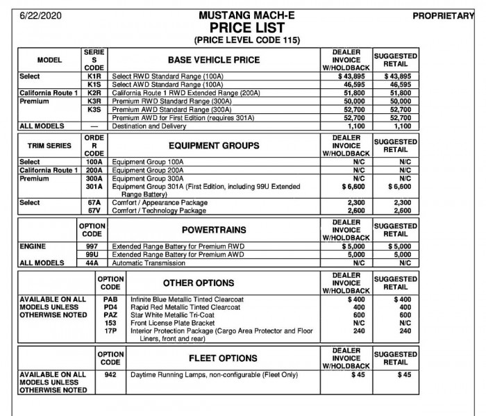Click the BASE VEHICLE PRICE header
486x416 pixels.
[214, 60]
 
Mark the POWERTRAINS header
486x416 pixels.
[214, 230]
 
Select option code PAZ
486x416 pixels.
[110, 315]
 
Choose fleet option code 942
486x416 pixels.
[110, 375]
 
